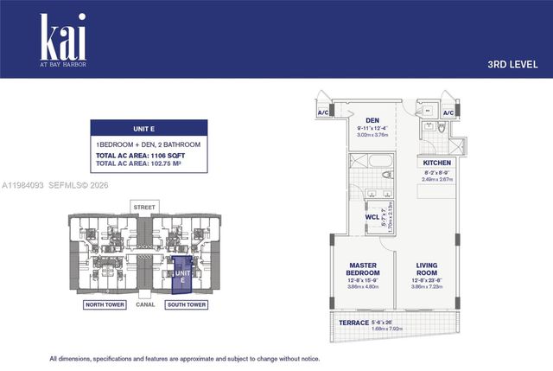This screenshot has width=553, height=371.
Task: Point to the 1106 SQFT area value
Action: pos(177,156)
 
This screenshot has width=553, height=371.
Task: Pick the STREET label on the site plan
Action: pos(143,207)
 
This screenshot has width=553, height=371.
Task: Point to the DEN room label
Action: pos(372,120)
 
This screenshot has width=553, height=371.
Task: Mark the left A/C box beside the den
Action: pos(323,113)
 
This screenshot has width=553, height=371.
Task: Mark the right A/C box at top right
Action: pos(448,113)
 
